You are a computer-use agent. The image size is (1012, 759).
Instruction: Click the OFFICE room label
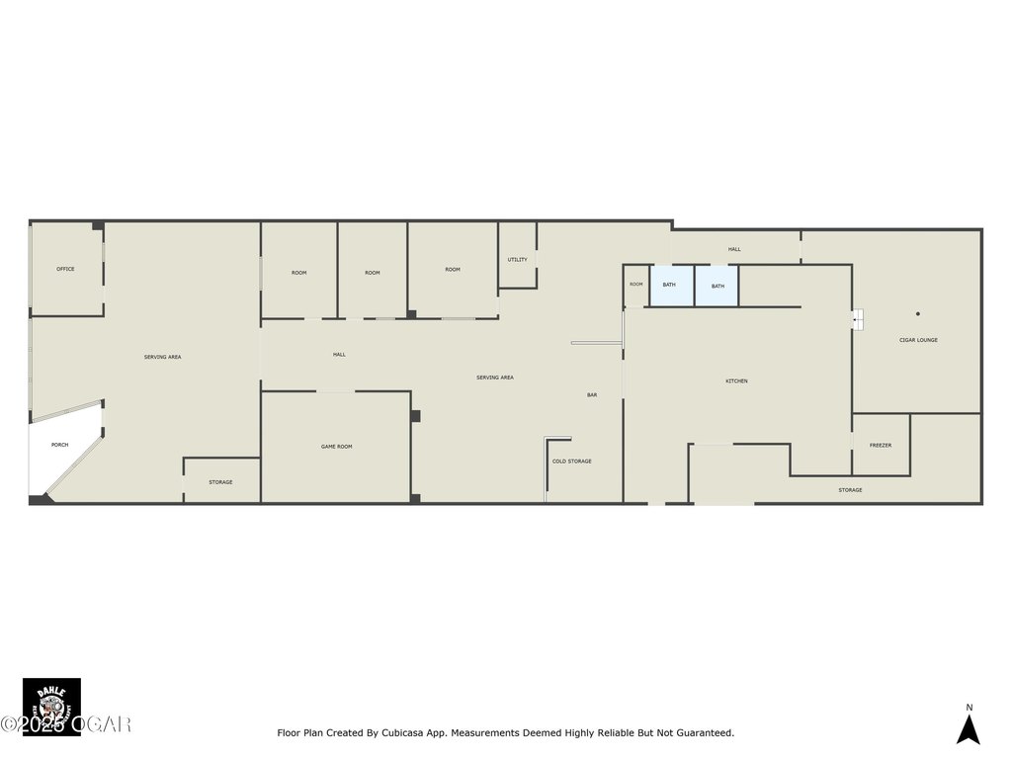65,269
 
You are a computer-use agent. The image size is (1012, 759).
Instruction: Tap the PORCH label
60,446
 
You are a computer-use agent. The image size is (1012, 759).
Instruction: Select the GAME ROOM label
336,447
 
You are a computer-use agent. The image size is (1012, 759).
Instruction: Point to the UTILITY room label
517,260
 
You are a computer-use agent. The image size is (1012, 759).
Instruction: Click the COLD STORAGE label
571,462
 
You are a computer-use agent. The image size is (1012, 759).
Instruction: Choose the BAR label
592,395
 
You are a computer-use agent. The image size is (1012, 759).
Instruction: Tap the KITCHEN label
736,381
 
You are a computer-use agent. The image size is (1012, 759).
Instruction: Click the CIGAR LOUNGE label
917,340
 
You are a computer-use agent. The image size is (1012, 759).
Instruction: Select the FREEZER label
880,446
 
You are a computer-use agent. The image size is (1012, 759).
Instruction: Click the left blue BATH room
671,286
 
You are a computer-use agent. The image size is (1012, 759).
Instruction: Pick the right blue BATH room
717,286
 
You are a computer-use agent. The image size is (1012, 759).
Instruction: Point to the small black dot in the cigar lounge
917,314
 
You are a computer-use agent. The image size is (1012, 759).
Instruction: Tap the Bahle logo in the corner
51,706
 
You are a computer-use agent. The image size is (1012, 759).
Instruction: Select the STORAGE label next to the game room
220,482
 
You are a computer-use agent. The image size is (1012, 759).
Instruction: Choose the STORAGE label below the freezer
850,490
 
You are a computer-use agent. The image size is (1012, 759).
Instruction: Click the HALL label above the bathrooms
734,249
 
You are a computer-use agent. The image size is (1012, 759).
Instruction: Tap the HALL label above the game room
339,355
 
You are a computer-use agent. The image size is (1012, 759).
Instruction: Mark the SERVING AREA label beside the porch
162,357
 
